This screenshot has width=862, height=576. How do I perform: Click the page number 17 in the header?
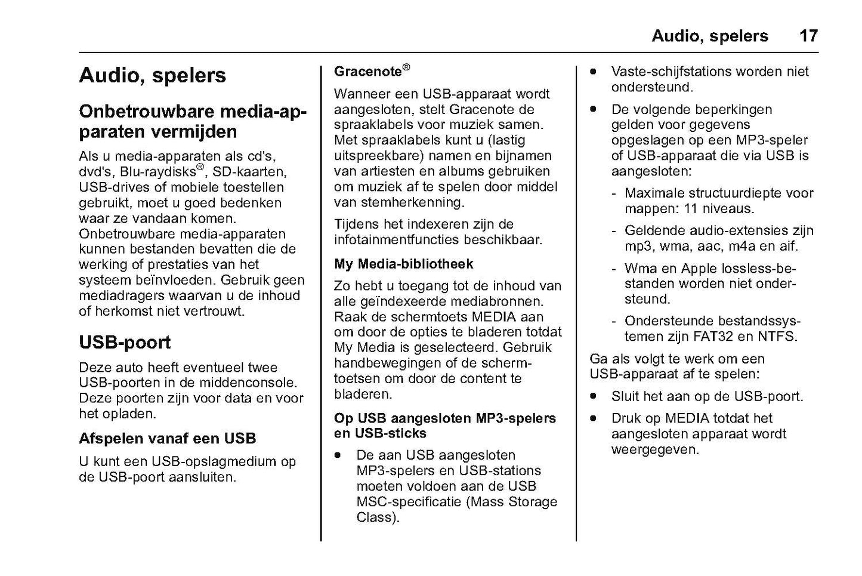(808, 36)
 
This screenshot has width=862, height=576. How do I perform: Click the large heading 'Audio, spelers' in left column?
(153, 76)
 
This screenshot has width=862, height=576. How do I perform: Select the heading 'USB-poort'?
(125, 343)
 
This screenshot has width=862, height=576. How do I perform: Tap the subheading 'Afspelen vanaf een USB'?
(168, 439)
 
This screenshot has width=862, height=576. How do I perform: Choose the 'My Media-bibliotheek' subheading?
(404, 264)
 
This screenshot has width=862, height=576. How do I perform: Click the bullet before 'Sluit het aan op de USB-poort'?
(594, 396)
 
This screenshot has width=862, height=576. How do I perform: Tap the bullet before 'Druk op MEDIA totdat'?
(594, 418)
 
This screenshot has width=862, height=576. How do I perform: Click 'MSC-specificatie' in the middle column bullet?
(409, 502)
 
